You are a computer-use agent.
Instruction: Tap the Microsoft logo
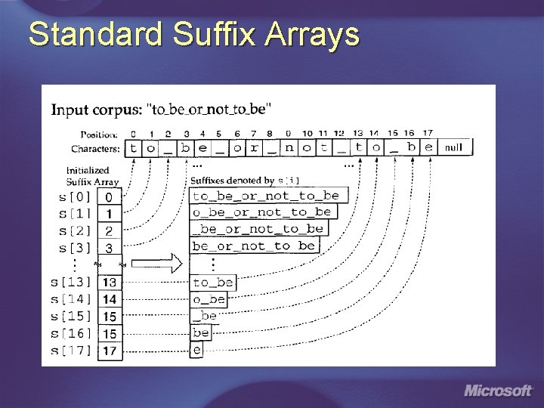click(x=498, y=391)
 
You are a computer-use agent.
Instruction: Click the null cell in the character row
click(x=453, y=147)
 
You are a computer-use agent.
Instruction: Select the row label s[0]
click(x=73, y=196)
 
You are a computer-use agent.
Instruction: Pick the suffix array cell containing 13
click(x=110, y=282)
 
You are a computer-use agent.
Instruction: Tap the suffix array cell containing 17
click(x=110, y=351)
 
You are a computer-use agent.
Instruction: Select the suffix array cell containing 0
click(x=110, y=196)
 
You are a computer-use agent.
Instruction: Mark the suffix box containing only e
click(x=196, y=350)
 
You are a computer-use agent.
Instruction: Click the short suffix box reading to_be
click(x=212, y=283)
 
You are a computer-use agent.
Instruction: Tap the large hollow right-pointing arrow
click(x=162, y=262)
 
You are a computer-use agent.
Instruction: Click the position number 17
click(x=428, y=134)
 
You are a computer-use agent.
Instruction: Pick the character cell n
click(x=289, y=147)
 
